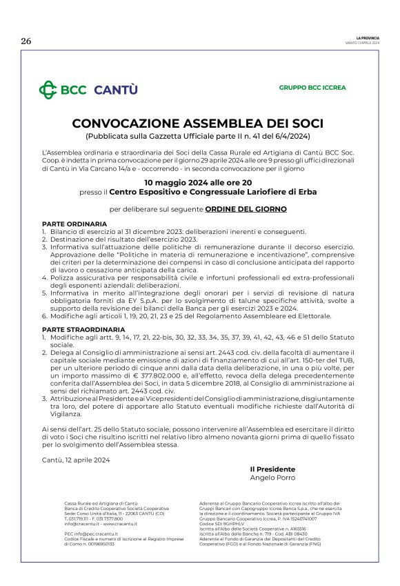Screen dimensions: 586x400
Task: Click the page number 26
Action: [x=26, y=41]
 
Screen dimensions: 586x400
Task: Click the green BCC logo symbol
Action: [x=48, y=90]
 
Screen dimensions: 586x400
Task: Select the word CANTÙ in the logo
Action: [x=116, y=90]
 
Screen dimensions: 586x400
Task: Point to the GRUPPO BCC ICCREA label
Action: [x=312, y=88]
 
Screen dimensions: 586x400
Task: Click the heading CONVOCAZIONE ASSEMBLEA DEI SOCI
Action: [x=197, y=124]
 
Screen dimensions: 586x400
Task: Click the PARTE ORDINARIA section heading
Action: [x=74, y=224]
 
